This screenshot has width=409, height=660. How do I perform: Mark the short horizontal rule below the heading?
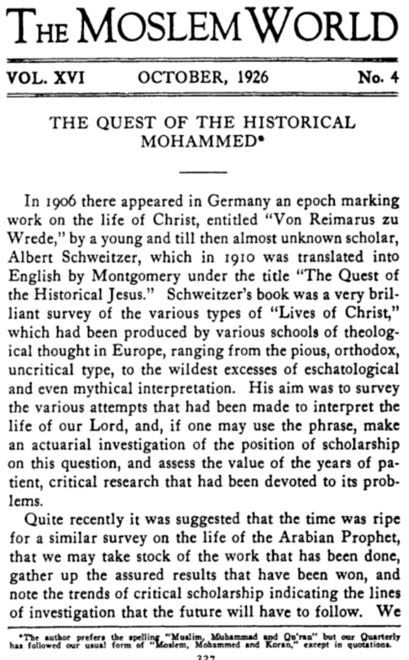[x=204, y=169]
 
